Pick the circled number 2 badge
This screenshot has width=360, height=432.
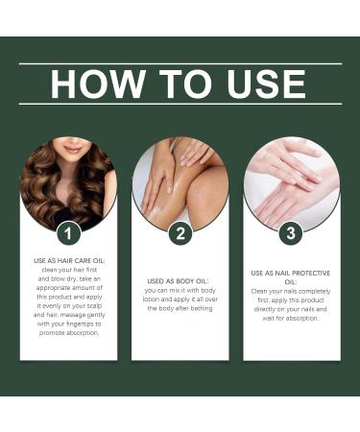[180, 232]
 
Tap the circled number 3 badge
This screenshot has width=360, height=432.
[292, 232]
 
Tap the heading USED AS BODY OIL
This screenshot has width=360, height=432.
[180, 280]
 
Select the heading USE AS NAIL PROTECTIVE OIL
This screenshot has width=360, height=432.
[291, 276]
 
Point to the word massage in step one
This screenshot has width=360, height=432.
[85, 315]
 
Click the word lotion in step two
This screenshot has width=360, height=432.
[156, 299]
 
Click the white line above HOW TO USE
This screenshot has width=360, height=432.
[180, 64]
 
